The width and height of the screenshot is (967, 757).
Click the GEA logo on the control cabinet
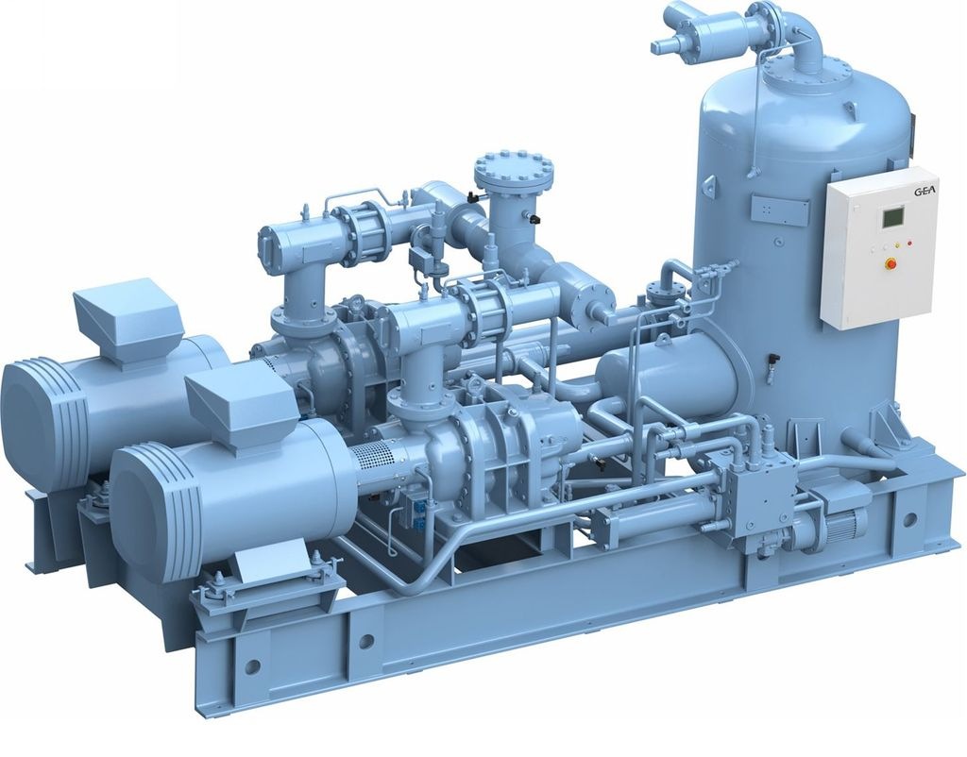coord(925,191)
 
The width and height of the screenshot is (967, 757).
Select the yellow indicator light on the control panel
coord(898,245)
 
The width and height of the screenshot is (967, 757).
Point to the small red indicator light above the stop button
coord(909,244)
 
